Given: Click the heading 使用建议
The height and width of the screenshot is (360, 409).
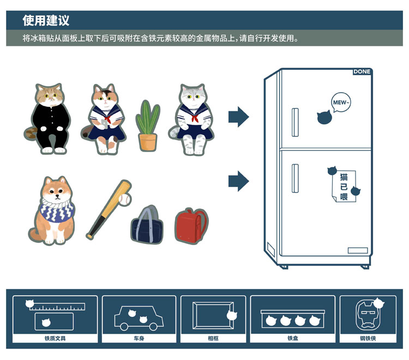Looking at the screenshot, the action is tap(46, 20).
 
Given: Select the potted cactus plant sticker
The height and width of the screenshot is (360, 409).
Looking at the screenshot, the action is tap(148, 125).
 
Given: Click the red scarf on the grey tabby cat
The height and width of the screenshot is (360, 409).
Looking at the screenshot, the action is tap(195, 118).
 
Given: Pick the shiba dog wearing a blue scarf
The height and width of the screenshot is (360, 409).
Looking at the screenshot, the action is tap(53, 210).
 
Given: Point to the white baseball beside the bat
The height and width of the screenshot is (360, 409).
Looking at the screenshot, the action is tap(124, 200).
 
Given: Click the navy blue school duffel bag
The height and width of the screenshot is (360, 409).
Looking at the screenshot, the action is tap(147, 225).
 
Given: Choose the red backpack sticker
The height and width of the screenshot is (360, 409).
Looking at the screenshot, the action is tap(191, 226).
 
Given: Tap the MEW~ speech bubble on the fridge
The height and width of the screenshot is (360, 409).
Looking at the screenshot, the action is tap(340, 102).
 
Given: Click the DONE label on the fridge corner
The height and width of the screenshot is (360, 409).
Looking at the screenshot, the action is tap(362, 71).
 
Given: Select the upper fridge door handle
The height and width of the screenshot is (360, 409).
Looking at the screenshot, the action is tap(295, 122).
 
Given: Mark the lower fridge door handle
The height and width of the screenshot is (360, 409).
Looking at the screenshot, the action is tap(295, 178).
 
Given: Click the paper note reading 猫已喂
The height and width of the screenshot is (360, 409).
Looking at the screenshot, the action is tap(344, 186).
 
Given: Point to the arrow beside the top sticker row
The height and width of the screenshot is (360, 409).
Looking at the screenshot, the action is tap(239, 117).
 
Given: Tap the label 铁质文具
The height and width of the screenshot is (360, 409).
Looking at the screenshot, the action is tap(55, 338).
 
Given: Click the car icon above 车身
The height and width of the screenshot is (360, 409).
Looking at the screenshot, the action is tap(139, 318).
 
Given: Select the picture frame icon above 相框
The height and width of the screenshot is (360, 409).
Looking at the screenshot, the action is tap(213, 315).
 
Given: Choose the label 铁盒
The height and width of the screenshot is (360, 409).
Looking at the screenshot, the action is tap(293, 338).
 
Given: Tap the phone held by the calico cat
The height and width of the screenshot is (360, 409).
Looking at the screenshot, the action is tap(104, 124).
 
